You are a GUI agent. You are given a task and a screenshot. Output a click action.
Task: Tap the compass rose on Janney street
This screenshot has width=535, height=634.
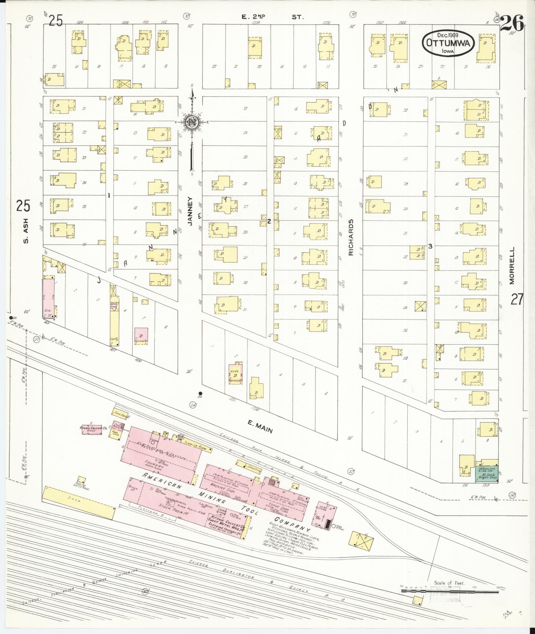click(192, 122)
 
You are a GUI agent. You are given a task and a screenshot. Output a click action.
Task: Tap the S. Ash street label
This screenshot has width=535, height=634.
click(26, 230)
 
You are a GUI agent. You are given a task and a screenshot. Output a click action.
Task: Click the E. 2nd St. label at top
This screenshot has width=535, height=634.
click(272, 17)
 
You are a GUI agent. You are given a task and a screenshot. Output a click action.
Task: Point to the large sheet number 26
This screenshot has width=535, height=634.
click(512, 23)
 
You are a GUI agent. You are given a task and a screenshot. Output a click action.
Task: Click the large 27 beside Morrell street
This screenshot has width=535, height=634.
click(517, 299)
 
